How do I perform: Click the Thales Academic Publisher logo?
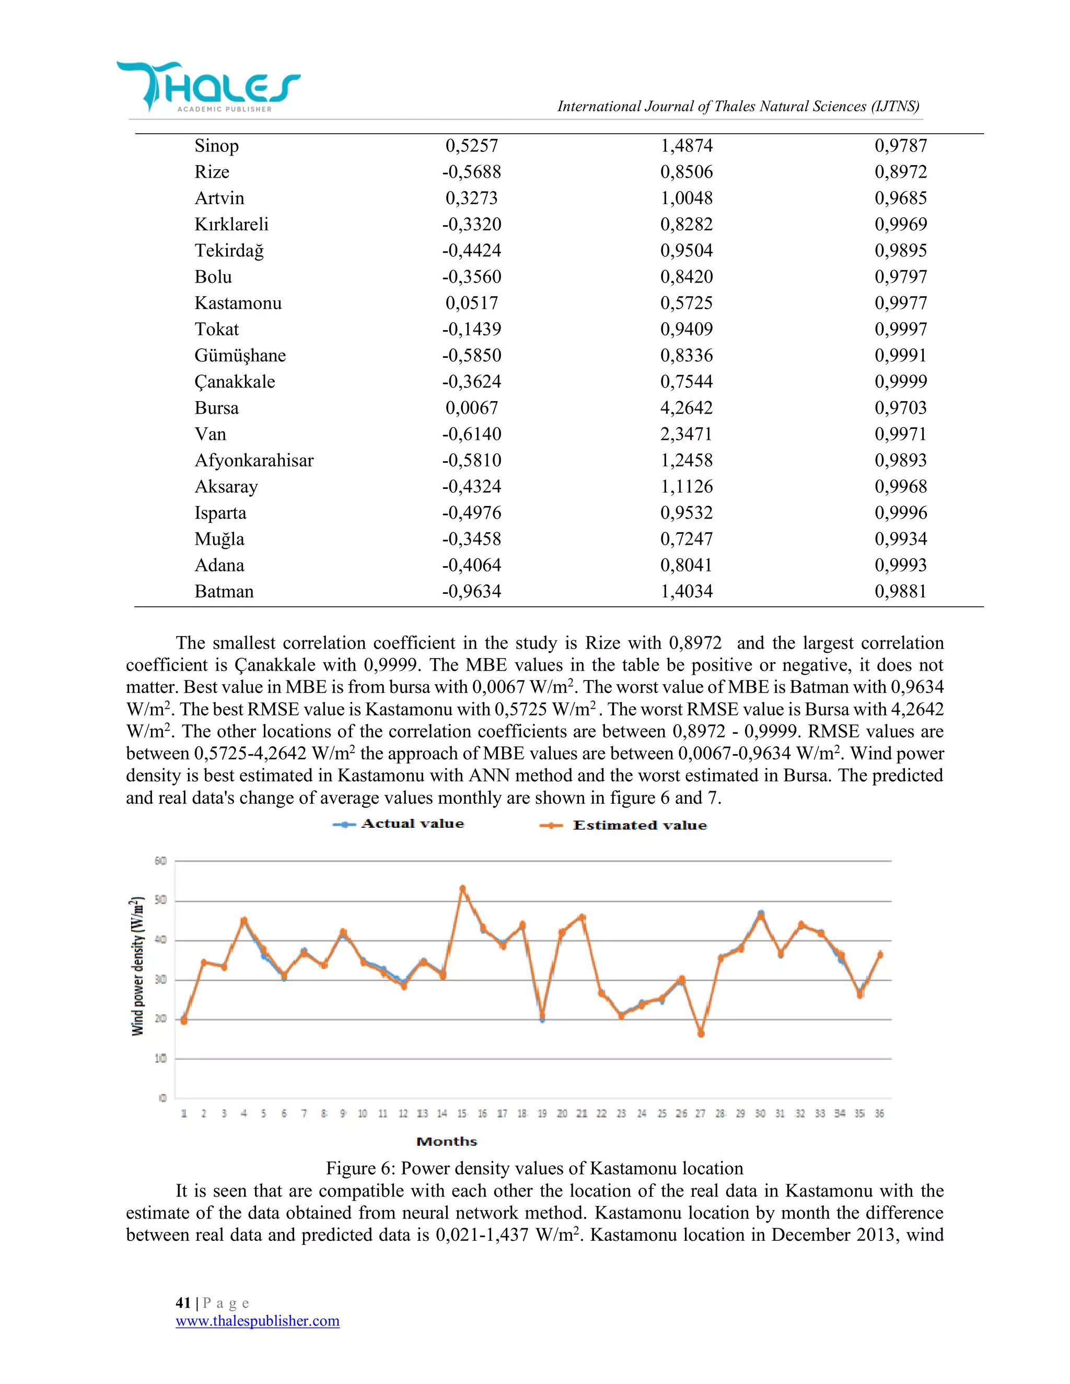tap(207, 87)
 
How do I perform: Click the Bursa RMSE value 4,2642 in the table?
tap(686, 407)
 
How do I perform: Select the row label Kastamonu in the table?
tap(238, 303)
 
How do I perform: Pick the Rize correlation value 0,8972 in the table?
tap(900, 172)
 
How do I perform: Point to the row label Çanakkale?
tap(235, 381)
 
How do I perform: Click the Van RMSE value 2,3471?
tap(686, 434)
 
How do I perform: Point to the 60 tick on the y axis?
tap(160, 861)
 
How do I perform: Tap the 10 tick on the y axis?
tap(160, 1058)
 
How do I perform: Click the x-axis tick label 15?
tap(462, 1113)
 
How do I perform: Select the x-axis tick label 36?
tap(879, 1113)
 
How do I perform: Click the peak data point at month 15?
tap(462, 888)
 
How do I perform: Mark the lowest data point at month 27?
tap(701, 1034)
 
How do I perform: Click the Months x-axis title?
tap(446, 1141)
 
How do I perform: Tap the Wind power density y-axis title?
tap(137, 966)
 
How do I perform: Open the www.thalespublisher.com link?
tap(258, 1321)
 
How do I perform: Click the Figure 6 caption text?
tap(534, 1168)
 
